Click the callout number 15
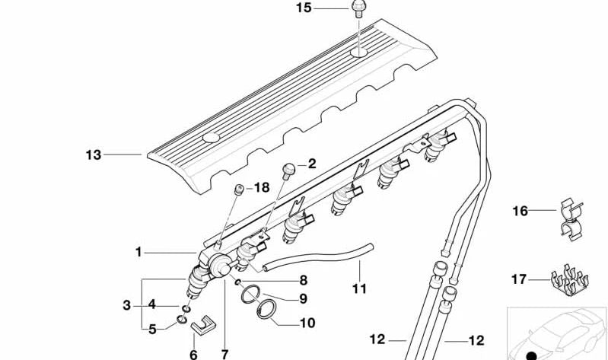click(304, 8)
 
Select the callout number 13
click(93, 155)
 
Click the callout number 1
click(138, 252)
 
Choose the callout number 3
click(126, 305)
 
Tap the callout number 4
click(152, 304)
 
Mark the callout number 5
click(152, 329)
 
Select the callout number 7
click(224, 354)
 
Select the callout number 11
click(359, 288)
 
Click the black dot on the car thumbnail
click(531, 355)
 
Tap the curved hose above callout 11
click(320, 257)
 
